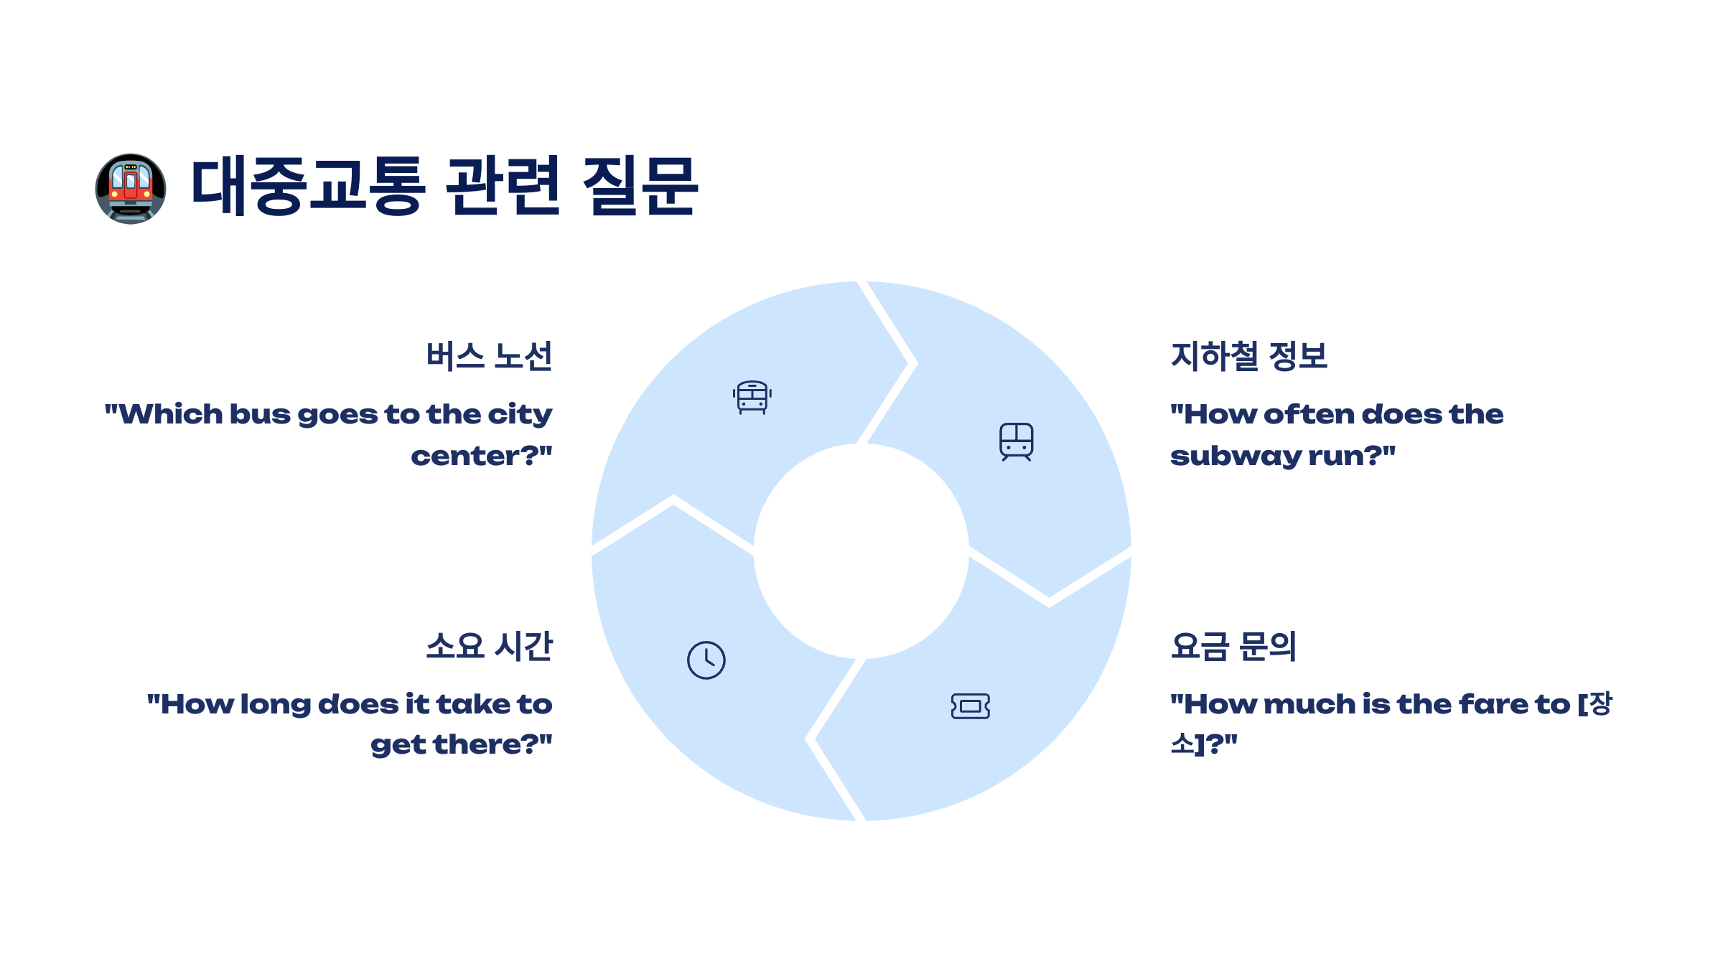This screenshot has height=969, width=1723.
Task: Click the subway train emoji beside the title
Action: tap(131, 189)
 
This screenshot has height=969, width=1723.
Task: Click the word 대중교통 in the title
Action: tap(309, 186)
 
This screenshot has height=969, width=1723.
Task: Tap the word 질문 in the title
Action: tap(640, 186)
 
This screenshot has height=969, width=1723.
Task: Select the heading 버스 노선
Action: tap(489, 356)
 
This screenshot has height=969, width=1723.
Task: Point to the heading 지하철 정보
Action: tap(1248, 356)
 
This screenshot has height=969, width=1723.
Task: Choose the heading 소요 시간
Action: tap(489, 646)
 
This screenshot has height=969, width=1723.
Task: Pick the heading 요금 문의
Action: tap(1233, 646)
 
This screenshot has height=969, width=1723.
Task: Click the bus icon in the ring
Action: tap(752, 397)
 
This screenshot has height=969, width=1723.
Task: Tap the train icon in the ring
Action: tap(1017, 441)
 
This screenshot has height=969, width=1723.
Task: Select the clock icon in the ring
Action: tap(706, 660)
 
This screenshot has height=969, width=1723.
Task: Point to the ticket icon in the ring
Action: tap(971, 706)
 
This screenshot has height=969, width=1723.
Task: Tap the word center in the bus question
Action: tap(467, 457)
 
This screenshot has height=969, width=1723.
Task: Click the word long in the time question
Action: tap(275, 706)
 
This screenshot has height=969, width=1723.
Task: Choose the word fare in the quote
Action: tap(1493, 705)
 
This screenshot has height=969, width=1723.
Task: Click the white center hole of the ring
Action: tap(861, 551)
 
